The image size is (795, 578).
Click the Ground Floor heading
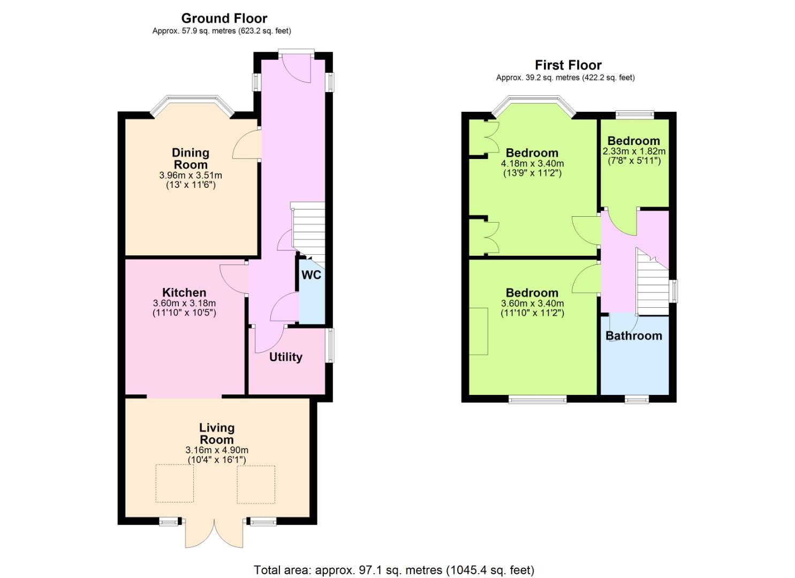(x=224, y=18)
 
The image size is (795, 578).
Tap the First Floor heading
(x=568, y=65)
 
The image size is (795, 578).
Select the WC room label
(x=311, y=275)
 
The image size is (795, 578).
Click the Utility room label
(x=286, y=357)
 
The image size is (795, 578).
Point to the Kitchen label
(x=184, y=292)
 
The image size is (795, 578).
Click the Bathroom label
(x=634, y=336)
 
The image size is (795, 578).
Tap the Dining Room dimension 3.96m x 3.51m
(x=191, y=175)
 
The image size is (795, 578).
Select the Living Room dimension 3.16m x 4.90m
(x=217, y=450)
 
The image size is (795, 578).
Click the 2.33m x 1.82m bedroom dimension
(x=634, y=151)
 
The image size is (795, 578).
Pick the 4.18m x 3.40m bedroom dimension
(x=532, y=164)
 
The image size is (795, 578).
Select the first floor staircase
(x=652, y=281)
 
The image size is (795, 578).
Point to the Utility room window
(x=330, y=345)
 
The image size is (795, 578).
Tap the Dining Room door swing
(x=247, y=144)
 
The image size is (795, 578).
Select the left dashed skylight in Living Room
(x=175, y=484)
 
